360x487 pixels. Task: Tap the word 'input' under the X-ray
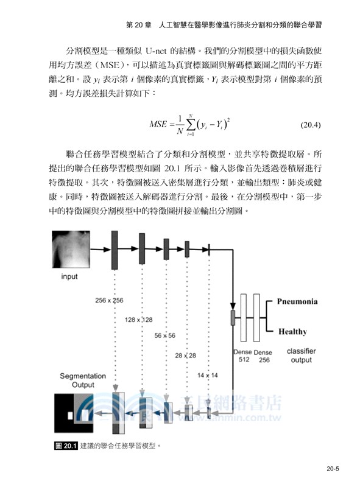pyautogui.click(x=69, y=276)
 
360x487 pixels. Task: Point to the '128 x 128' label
pyautogui.click(x=138, y=319)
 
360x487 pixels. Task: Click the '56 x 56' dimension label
pyautogui.click(x=164, y=335)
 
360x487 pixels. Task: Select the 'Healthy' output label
pyautogui.click(x=292, y=332)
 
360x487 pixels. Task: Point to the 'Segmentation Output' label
pyautogui.click(x=82, y=380)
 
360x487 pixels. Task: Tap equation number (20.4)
pyautogui.click(x=311, y=126)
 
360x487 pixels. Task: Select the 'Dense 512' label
pyautogui.click(x=242, y=356)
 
